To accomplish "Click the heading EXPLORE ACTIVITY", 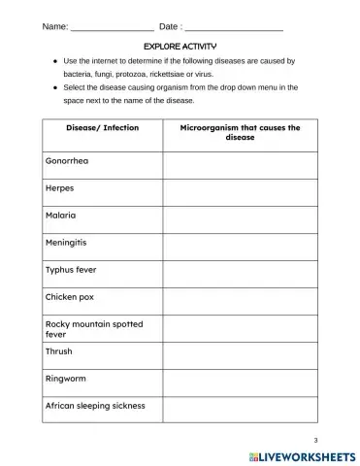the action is coord(180,46).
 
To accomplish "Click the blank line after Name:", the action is coord(112,26).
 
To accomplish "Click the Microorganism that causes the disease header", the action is coord(240,133).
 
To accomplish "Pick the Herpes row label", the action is coord(60,188).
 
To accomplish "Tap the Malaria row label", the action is coord(61,216).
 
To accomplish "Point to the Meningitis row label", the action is coord(69,243).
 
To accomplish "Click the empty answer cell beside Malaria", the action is coord(240,216).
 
